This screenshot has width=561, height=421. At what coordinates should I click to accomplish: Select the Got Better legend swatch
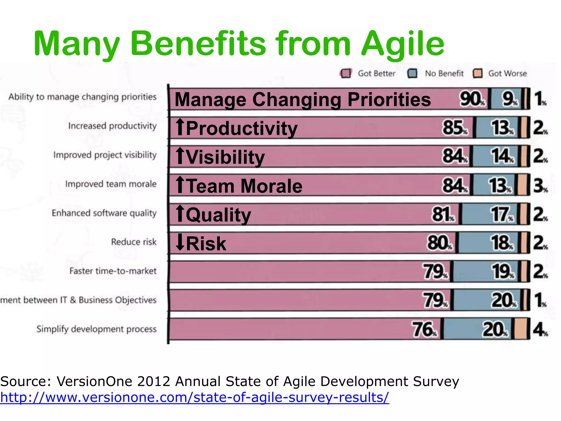(x=346, y=73)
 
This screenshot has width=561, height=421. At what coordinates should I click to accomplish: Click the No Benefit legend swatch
(x=412, y=73)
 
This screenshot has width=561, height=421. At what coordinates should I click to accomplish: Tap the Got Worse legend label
(x=507, y=73)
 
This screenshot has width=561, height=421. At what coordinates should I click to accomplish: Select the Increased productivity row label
(x=112, y=126)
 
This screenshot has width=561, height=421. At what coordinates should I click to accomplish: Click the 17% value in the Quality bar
(x=501, y=215)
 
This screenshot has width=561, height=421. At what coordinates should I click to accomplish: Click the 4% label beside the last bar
(x=540, y=329)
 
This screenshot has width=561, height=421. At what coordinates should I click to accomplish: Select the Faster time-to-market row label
(x=113, y=271)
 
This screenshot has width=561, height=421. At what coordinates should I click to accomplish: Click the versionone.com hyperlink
(x=194, y=397)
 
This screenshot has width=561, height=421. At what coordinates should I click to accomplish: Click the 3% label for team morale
(x=540, y=186)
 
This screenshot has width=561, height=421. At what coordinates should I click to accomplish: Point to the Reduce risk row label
(x=134, y=242)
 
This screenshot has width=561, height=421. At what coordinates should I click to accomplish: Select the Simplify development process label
(x=96, y=329)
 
